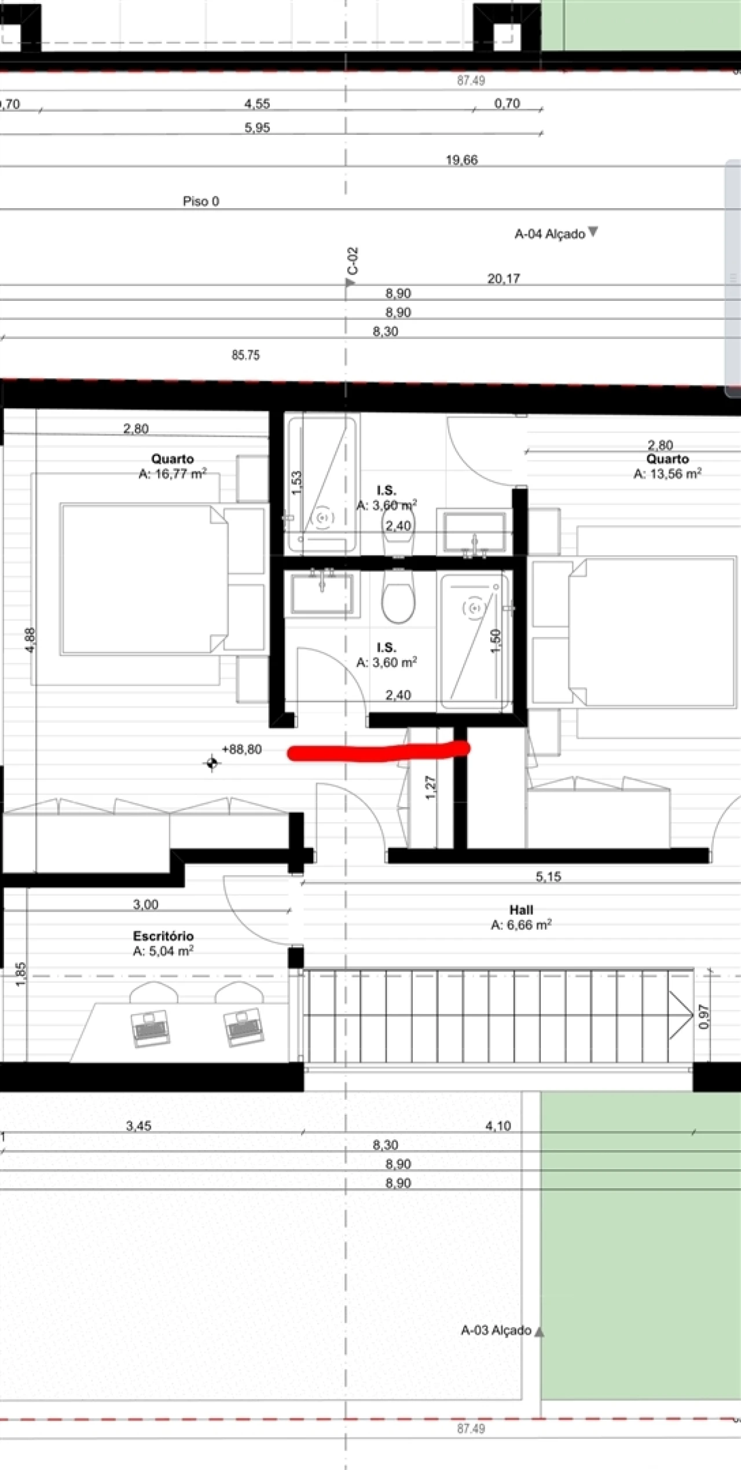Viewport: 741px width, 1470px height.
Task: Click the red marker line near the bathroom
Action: pyautogui.click(x=379, y=751)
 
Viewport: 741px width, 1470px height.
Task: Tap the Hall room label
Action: pyautogui.click(x=521, y=910)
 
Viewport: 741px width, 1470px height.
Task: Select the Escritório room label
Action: pyautogui.click(x=163, y=936)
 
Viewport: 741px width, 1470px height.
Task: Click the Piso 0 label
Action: pyautogui.click(x=201, y=201)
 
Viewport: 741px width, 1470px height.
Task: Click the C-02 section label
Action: pyautogui.click(x=353, y=261)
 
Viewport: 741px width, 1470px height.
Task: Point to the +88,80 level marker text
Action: pyautogui.click(x=242, y=749)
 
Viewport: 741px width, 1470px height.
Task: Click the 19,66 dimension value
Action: pyautogui.click(x=461, y=160)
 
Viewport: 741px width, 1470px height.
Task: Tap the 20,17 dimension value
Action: pyautogui.click(x=504, y=278)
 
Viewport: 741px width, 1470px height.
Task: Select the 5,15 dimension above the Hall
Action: pyautogui.click(x=548, y=876)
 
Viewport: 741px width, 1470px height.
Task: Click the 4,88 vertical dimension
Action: pyautogui.click(x=31, y=640)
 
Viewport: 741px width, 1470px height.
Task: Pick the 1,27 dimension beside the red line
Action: pyautogui.click(x=431, y=787)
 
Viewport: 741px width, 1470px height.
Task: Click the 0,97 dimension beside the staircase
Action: pyautogui.click(x=703, y=1016)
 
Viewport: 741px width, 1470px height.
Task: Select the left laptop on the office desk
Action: pyautogui.click(x=151, y=1028)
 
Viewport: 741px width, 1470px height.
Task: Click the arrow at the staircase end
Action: pyautogui.click(x=681, y=1015)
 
